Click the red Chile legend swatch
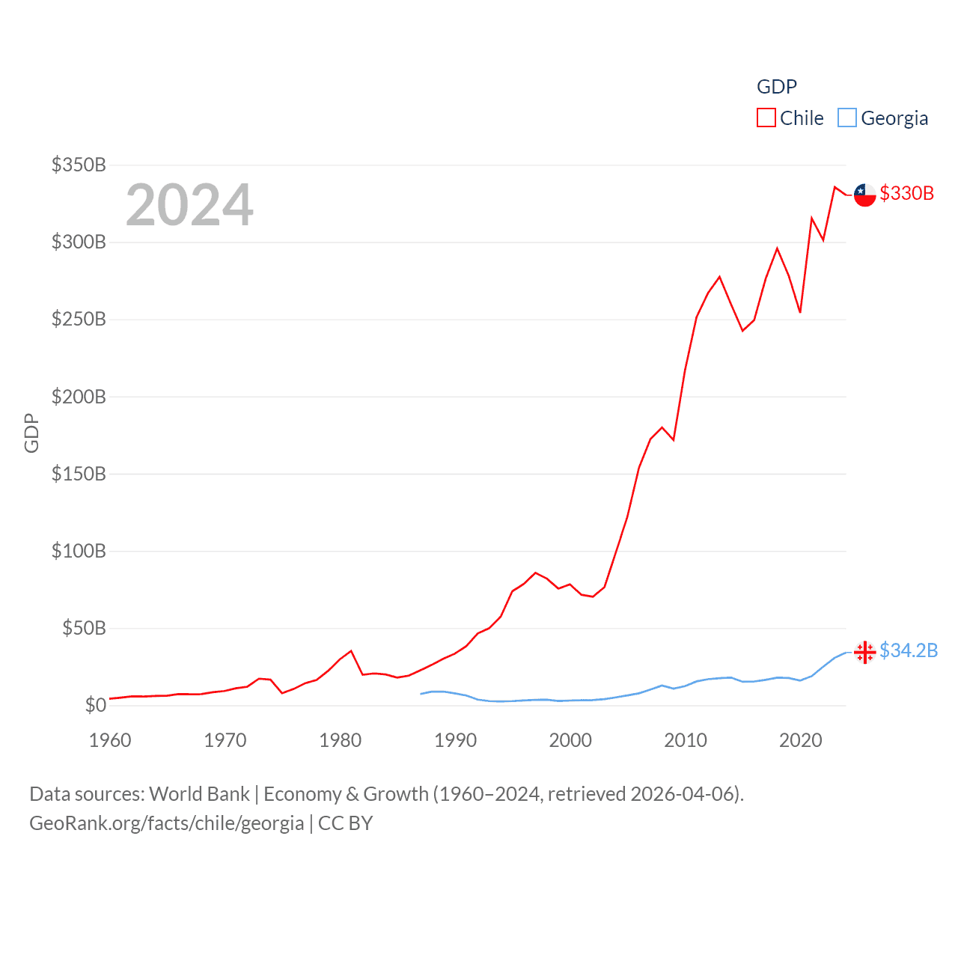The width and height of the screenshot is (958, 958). tap(766, 118)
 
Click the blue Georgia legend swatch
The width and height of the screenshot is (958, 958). tap(847, 118)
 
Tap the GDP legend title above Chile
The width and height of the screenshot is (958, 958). tap(777, 87)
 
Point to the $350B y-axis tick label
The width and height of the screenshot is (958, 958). tap(79, 165)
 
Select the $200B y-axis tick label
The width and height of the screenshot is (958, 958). tap(79, 397)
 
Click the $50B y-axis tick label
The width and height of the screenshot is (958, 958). tap(84, 628)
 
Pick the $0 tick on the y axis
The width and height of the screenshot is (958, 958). tap(95, 705)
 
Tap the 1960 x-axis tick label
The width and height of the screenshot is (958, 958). tap(110, 740)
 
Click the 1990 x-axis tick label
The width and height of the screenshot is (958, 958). tap(455, 740)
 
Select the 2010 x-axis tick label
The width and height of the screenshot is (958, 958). tap(686, 740)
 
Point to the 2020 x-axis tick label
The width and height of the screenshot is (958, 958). tap(801, 740)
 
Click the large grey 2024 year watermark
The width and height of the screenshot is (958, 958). tap(189, 205)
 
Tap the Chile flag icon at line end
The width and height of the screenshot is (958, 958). tap(865, 195)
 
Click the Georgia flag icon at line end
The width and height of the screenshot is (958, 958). tap(865, 653)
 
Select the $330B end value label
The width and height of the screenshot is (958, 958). tap(907, 193)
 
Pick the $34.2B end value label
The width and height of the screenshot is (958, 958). tap(909, 650)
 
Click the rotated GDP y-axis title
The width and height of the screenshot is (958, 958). tap(31, 433)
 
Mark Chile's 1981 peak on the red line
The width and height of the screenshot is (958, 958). tap(351, 651)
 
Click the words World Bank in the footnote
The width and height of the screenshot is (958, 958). tap(199, 794)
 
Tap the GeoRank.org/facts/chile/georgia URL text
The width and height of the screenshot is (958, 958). tap(167, 823)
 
